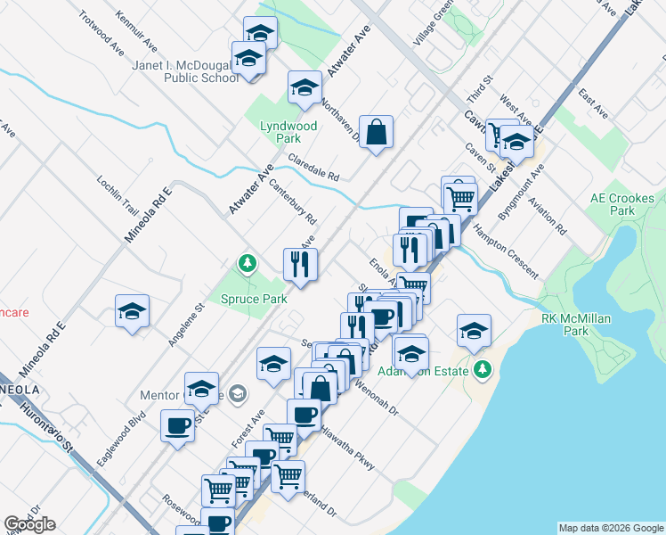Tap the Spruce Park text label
255,299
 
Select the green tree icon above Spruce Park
247,264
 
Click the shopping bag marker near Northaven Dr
376,133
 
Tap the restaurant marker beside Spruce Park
300,264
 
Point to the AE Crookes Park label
622,204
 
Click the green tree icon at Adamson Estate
483,368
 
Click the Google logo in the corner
29,524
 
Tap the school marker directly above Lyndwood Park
305,88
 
